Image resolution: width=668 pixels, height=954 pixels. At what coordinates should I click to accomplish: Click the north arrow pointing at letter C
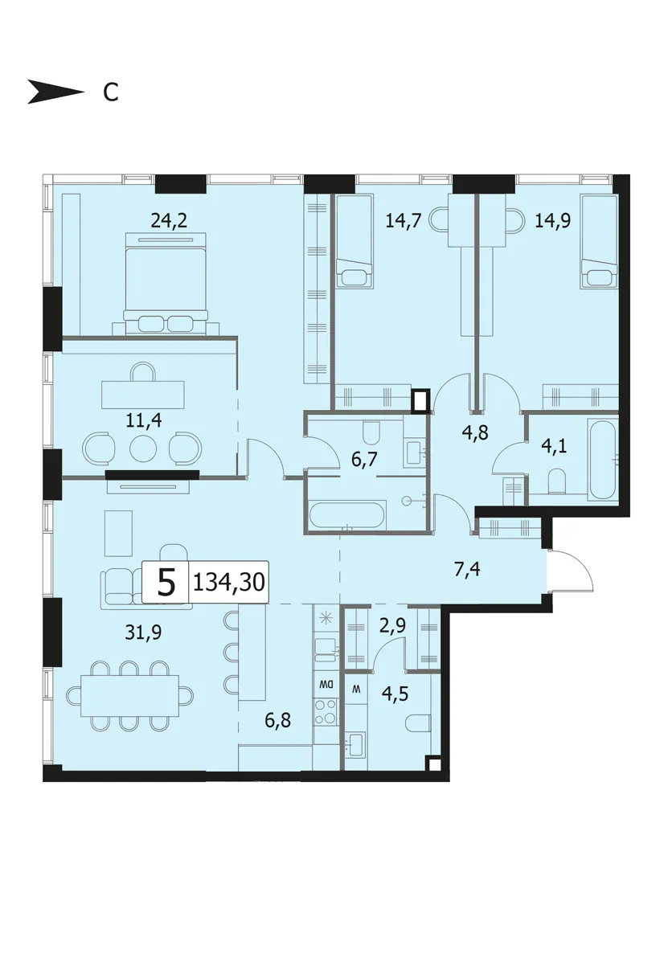[x=55, y=93]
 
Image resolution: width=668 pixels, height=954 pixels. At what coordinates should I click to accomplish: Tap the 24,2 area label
[x=169, y=220]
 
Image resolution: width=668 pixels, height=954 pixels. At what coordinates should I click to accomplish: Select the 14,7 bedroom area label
[x=404, y=220]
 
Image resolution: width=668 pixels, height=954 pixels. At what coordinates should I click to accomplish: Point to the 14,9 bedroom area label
[x=552, y=220]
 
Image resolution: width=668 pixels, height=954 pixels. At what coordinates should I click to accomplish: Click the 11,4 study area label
[x=143, y=420]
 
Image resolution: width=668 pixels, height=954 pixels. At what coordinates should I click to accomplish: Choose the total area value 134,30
[x=229, y=583]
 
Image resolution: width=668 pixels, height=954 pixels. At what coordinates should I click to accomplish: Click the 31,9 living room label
[x=143, y=633]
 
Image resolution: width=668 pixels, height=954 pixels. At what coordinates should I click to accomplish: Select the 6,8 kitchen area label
[x=277, y=721]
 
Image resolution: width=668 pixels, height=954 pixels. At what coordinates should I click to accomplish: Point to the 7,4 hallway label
[x=467, y=570]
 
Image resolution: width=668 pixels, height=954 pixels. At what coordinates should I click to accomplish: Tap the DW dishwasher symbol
[x=326, y=684]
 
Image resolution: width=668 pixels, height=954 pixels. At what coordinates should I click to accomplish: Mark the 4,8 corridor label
[x=475, y=432]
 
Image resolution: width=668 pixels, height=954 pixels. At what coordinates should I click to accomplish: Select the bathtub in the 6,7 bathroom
[x=347, y=517]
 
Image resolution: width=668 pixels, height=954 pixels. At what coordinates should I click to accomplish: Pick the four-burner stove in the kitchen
[x=326, y=711]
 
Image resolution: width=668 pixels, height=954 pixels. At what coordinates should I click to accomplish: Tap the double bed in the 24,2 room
[x=166, y=282]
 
